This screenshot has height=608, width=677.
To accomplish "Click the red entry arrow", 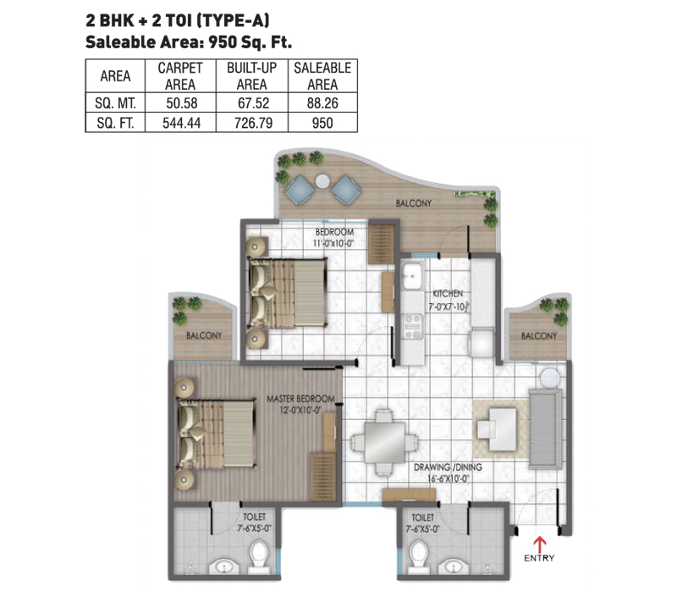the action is pyautogui.click(x=539, y=543).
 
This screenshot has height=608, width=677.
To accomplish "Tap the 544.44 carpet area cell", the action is pyautogui.click(x=181, y=123).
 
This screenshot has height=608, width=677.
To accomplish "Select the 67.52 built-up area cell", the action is pyautogui.click(x=253, y=102).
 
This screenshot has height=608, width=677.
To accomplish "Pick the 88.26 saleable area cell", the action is pyautogui.click(x=322, y=102).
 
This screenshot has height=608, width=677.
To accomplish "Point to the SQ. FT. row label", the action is pyautogui.click(x=115, y=123).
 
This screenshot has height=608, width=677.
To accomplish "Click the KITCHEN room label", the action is pyautogui.click(x=448, y=293).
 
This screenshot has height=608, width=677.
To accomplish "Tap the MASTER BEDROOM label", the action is pyautogui.click(x=300, y=399).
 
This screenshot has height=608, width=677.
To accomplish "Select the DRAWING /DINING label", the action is pyautogui.click(x=448, y=467).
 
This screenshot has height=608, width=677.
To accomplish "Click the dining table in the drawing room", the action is pyautogui.click(x=384, y=443).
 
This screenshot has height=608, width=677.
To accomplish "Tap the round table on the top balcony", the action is pyautogui.click(x=322, y=181).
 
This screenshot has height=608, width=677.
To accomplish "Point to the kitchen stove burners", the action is pyautogui.click(x=413, y=327).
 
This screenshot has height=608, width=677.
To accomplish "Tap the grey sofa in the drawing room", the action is pyautogui.click(x=546, y=428).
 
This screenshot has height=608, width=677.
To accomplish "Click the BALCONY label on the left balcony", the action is pyautogui.click(x=204, y=335).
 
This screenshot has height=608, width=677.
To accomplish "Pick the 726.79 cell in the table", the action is pyautogui.click(x=253, y=123).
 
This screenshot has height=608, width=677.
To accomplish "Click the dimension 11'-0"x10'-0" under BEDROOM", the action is pyautogui.click(x=333, y=243).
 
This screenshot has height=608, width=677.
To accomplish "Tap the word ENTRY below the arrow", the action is pyautogui.click(x=539, y=558).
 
